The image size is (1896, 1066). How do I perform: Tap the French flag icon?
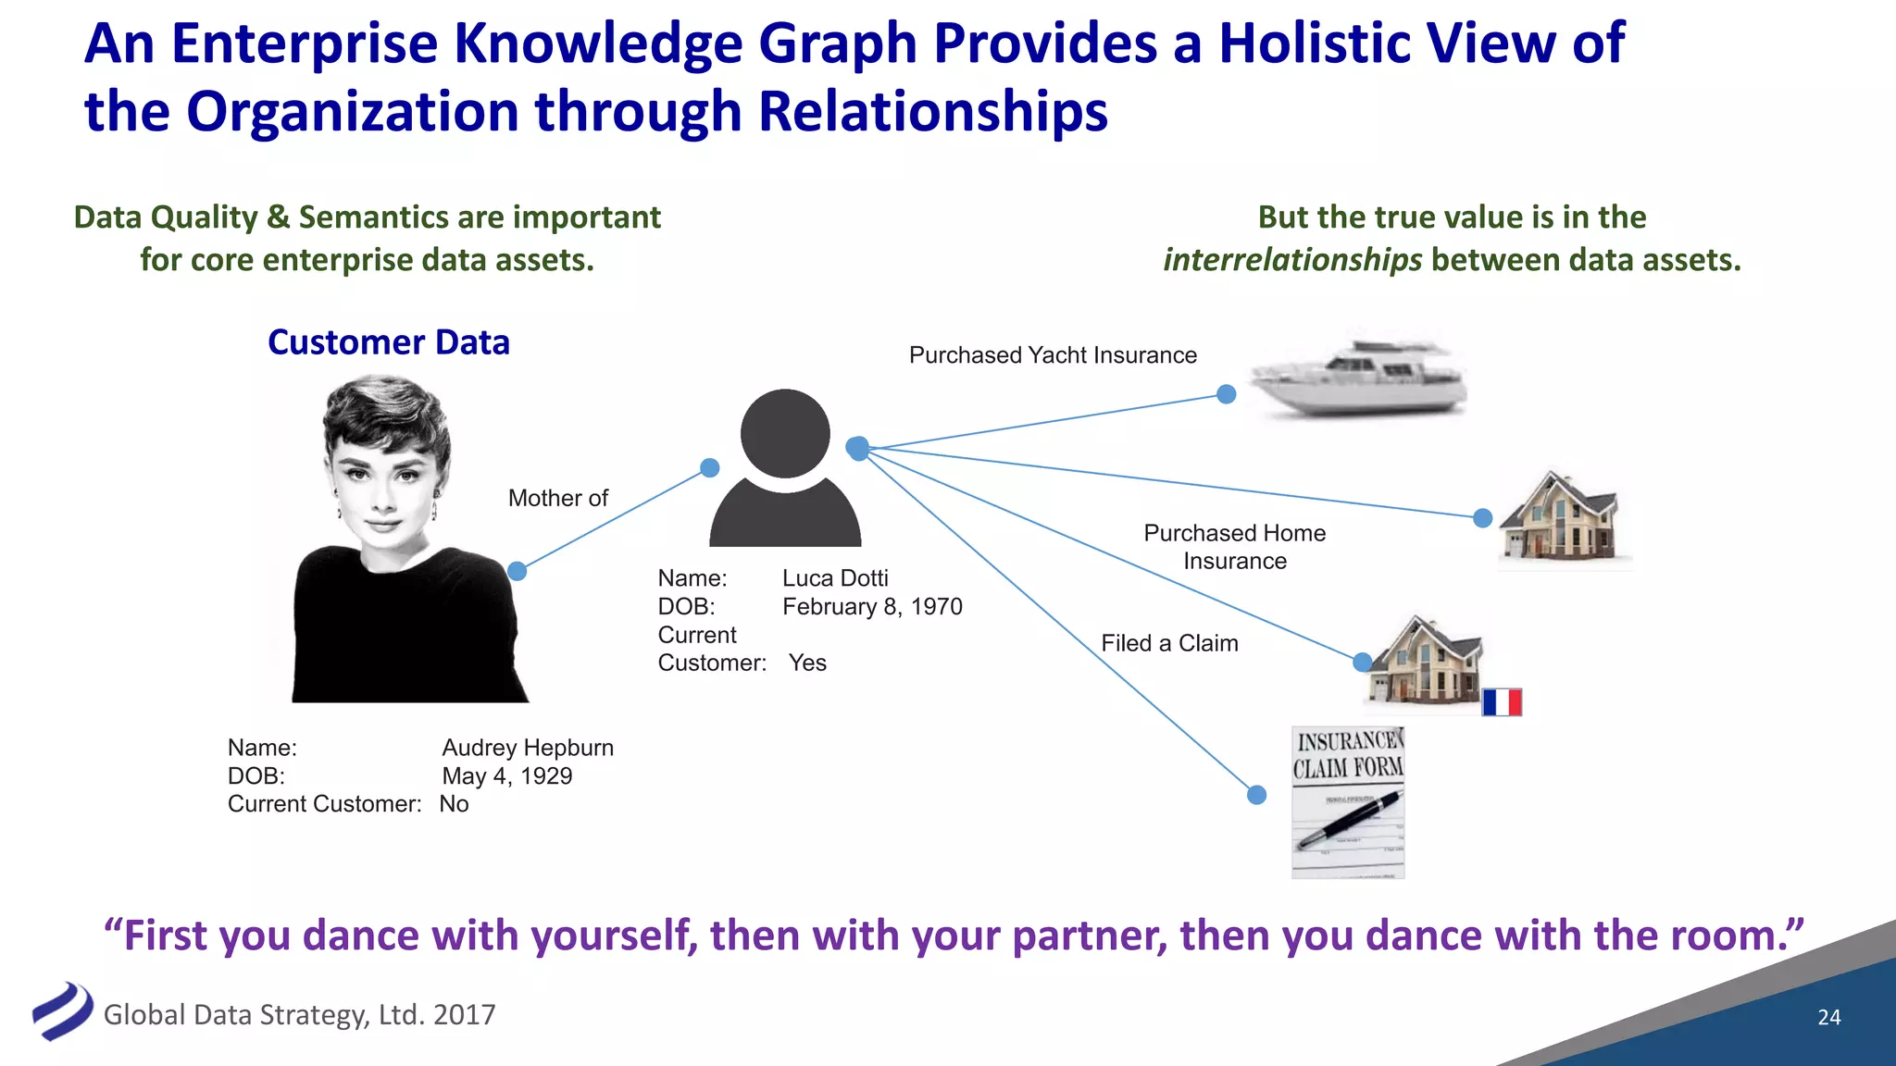[1502, 702]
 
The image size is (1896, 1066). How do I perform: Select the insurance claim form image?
[1348, 802]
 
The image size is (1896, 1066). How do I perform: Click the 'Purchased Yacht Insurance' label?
[1053, 355]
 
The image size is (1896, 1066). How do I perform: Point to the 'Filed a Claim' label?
[1169, 643]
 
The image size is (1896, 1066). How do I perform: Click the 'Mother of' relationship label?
[557, 498]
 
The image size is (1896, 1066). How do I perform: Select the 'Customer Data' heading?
[388, 342]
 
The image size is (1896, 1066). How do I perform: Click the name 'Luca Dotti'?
[835, 578]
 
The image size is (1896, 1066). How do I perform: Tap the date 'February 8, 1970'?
[872, 607]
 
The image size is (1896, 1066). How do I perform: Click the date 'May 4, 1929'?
[506, 776]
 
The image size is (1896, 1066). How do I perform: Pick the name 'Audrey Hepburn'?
[528, 748]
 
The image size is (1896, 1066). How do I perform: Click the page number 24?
[1828, 1017]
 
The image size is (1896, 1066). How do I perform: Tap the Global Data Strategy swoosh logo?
[62, 1010]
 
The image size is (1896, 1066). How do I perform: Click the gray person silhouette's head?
[785, 433]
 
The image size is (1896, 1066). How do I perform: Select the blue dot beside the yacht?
[1227, 394]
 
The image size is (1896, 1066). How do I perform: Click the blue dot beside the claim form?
[1256, 795]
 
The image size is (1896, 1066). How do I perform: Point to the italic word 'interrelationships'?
[1292, 260]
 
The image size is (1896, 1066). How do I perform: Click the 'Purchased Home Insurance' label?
[1234, 547]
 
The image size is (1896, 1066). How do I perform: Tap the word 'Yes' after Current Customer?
[807, 663]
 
